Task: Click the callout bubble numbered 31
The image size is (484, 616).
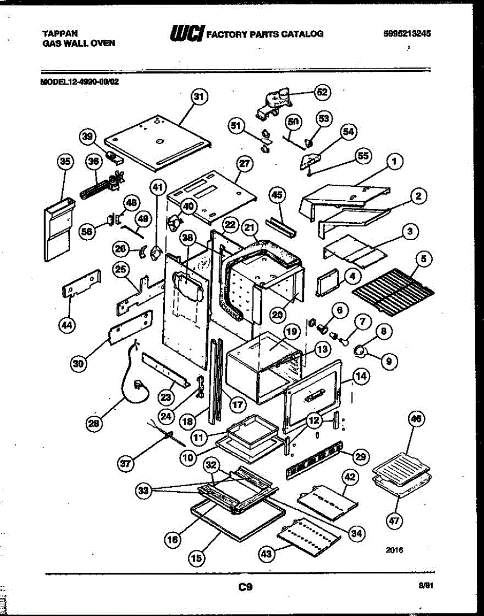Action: click(198, 96)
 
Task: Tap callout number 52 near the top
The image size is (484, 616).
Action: click(322, 92)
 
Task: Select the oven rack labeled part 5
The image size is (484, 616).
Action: click(393, 293)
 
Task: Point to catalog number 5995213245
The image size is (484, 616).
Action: click(406, 34)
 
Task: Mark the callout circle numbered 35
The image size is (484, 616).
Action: click(65, 161)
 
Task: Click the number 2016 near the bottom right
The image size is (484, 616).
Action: click(394, 550)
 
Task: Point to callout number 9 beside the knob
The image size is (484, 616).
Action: click(389, 361)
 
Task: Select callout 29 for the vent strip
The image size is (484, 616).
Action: click(360, 455)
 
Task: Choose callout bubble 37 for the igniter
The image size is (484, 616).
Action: click(126, 464)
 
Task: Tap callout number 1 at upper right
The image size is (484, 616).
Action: click(394, 162)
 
